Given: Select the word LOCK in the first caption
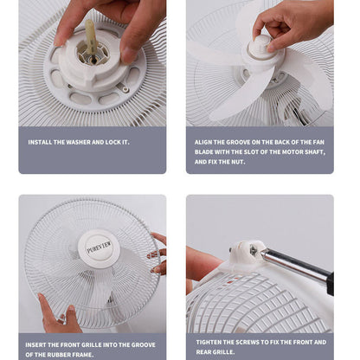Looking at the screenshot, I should pos(111,142).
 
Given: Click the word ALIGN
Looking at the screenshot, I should pos(205,141).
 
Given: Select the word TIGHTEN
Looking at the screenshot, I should pos(212,343).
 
